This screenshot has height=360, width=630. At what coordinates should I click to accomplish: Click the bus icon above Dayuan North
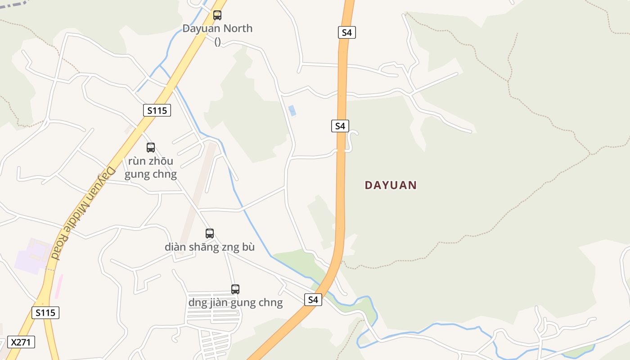click(217, 15)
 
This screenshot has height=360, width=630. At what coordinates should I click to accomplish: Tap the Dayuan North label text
click(217, 28)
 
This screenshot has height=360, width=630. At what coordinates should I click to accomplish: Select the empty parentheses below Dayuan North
click(217, 41)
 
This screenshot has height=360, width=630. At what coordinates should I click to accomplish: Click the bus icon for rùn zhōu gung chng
click(151, 147)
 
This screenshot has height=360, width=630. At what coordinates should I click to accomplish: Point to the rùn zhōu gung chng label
click(151, 167)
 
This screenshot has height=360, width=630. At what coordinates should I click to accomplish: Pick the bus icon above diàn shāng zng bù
click(210, 234)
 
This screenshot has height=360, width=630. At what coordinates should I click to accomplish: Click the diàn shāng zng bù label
click(210, 247)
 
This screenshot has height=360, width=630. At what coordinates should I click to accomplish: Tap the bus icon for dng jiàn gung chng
click(235, 289)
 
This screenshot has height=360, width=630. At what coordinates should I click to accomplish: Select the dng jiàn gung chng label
click(235, 302)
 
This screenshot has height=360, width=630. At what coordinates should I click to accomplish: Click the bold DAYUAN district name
click(391, 185)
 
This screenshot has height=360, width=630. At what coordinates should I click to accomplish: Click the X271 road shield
click(21, 342)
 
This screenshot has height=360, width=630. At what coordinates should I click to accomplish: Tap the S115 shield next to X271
click(45, 313)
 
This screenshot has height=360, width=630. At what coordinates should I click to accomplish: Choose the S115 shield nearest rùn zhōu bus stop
click(157, 110)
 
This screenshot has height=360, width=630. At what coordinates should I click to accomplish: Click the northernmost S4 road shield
click(346, 32)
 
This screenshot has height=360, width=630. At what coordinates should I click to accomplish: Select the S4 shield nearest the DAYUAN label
click(340, 126)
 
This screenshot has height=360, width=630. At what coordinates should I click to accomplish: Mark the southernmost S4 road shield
click(313, 300)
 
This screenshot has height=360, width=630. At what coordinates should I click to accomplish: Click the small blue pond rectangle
click(292, 111)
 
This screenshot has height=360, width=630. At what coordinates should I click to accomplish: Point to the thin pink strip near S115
click(58, 286)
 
